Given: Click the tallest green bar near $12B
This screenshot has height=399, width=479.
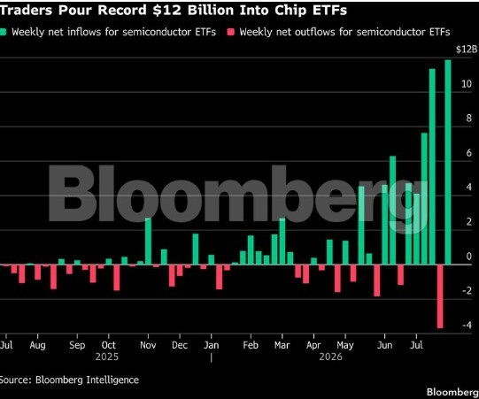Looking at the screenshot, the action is [x=448, y=162].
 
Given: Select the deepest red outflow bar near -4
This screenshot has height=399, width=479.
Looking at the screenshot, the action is [x=440, y=296].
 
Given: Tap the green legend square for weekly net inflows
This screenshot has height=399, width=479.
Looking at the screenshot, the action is [x=3, y=32].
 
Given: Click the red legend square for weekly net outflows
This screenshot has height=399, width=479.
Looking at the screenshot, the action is [x=231, y=32].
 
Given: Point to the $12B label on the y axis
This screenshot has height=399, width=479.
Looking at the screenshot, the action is [x=467, y=50].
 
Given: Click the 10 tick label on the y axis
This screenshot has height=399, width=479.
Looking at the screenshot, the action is [x=467, y=84].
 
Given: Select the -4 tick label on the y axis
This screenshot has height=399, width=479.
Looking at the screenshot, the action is [x=467, y=325].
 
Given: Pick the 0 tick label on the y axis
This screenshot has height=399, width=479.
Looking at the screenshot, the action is [x=469, y=257].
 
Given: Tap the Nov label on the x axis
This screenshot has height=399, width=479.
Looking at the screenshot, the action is [x=148, y=345].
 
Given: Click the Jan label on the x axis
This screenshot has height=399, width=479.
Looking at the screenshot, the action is [x=212, y=345].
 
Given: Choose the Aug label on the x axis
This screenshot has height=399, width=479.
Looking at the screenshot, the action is [x=37, y=346].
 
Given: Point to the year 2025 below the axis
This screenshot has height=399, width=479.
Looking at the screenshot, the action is [x=106, y=357].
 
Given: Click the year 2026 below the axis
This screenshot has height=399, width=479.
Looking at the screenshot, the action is [x=330, y=357].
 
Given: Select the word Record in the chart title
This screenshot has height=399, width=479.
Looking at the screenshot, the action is [x=122, y=10].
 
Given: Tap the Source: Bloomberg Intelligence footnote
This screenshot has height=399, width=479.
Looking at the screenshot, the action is [x=69, y=380].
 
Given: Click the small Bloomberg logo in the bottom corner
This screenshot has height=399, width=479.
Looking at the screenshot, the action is [x=452, y=392].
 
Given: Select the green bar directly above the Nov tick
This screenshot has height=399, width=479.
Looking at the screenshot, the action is [x=148, y=242].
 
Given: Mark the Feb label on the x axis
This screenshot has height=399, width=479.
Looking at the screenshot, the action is [x=251, y=345].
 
